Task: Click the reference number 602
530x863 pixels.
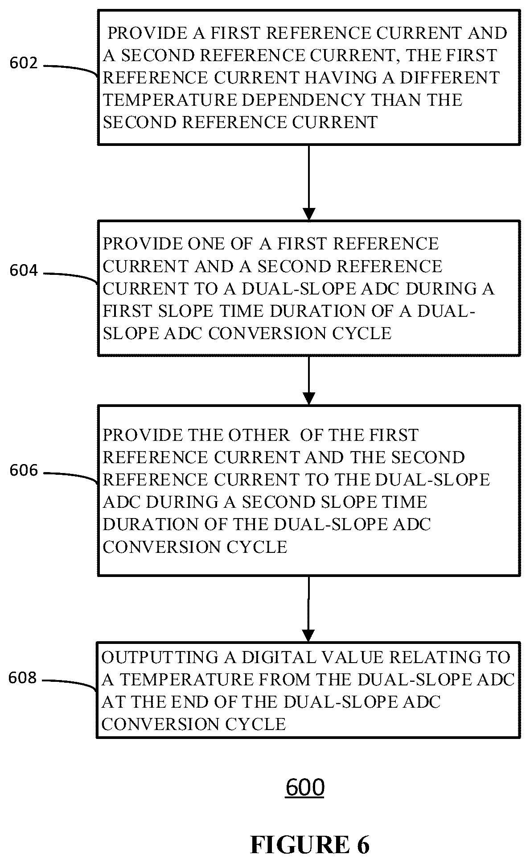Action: tap(24, 63)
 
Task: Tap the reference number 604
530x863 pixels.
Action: tap(24, 271)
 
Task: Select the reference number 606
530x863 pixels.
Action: tap(24, 471)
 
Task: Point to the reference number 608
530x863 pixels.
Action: tap(23, 678)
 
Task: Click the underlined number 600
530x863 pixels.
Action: tap(305, 788)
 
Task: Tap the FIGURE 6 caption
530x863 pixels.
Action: tap(310, 845)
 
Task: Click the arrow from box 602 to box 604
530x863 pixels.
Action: tap(308, 183)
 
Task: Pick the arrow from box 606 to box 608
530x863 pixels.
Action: tap(308, 609)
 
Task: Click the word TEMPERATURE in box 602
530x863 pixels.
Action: tap(170, 100)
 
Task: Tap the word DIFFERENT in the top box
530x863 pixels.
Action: tap(450, 78)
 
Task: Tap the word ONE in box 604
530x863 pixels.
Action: tap(207, 244)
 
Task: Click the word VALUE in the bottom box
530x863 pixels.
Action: tap(356, 657)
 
